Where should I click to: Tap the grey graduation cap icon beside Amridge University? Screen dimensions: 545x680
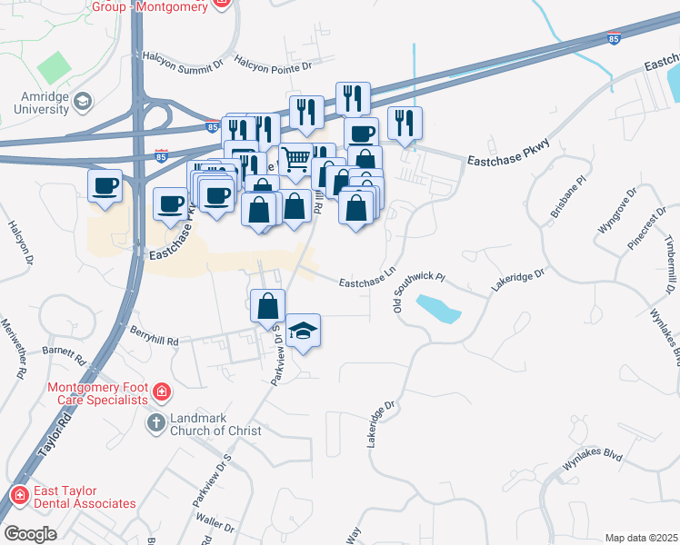coord(85,101)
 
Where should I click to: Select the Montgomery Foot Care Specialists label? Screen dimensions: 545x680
coord(97,393)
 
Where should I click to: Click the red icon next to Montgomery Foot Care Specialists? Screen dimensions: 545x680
coord(161,392)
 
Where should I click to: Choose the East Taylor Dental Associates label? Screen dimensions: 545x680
coord(85,496)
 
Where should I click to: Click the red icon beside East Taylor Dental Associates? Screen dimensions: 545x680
coord(18,495)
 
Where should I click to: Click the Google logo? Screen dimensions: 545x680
coord(30,534)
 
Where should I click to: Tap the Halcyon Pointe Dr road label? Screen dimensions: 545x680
coord(273,64)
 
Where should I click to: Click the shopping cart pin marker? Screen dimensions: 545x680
coord(295,160)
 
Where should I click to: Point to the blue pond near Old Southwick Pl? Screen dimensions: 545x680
coord(436,309)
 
